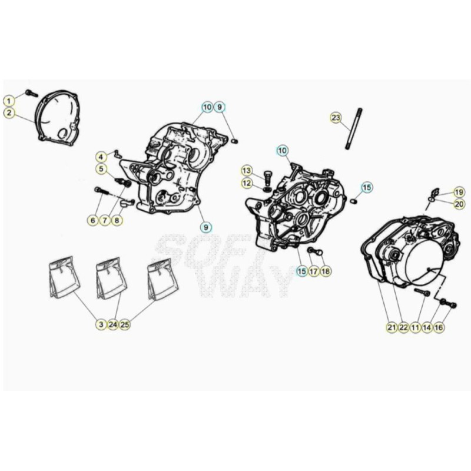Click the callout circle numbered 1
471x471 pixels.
pos(9,101)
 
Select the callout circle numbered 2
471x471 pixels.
pos(9,113)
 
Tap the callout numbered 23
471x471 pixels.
pos(336,117)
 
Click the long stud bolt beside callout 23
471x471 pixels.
pos(354,128)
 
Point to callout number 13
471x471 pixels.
pos(247,171)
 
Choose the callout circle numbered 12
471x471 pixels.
pos(247,183)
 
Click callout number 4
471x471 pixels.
pos(101,157)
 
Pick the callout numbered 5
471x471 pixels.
pos(101,169)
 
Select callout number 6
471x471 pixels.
pos(93,220)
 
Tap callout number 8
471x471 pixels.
pos(117,220)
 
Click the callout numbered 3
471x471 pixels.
pos(101,324)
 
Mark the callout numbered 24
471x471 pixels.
pos(113,324)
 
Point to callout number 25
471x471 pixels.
pos(125,324)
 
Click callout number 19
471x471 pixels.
pos(459,193)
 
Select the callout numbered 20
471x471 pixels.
pos(459,204)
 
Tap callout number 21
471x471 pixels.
pos(392,327)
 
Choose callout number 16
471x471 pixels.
pos(439,327)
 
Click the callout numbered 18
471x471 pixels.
pos(326,271)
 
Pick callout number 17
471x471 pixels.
pos(313,271)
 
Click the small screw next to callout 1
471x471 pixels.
pos(32,93)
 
